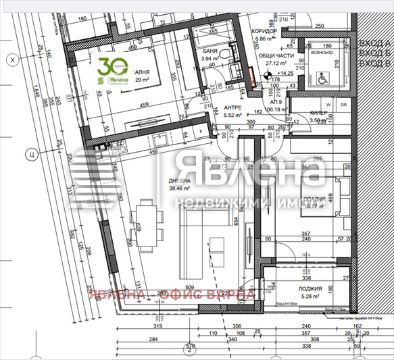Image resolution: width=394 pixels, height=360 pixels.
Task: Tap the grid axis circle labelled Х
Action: click(11, 61)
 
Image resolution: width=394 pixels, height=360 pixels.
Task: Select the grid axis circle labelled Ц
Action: click(30, 153)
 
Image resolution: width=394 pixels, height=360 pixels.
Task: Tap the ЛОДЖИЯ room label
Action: click(312, 286)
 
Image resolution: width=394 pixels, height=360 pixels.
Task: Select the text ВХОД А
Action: click(375, 42)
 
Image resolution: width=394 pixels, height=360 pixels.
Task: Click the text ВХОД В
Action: click(375, 63)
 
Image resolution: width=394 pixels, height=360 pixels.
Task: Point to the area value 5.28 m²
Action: click(312, 295)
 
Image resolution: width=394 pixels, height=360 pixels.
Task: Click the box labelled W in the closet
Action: click(328, 105)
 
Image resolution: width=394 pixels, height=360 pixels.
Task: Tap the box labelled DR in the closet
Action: click(343, 105)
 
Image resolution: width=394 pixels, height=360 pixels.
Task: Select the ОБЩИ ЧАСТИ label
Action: click(276, 57)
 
